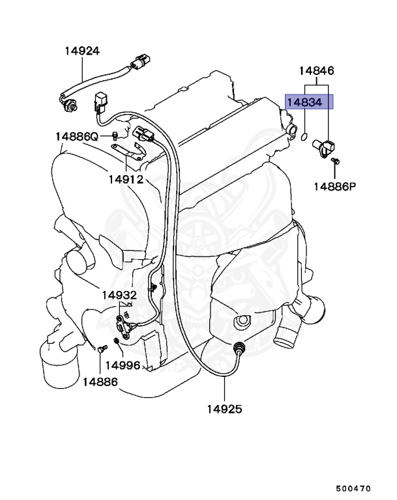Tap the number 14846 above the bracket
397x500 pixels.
(x=317, y=71)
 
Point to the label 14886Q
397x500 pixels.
(x=76, y=137)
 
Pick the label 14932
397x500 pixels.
(x=119, y=295)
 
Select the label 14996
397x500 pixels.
(x=123, y=365)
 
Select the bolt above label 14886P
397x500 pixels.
(x=334, y=161)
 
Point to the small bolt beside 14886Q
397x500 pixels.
(x=115, y=135)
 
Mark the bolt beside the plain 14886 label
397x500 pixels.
(x=101, y=350)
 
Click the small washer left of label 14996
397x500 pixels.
(x=116, y=342)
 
